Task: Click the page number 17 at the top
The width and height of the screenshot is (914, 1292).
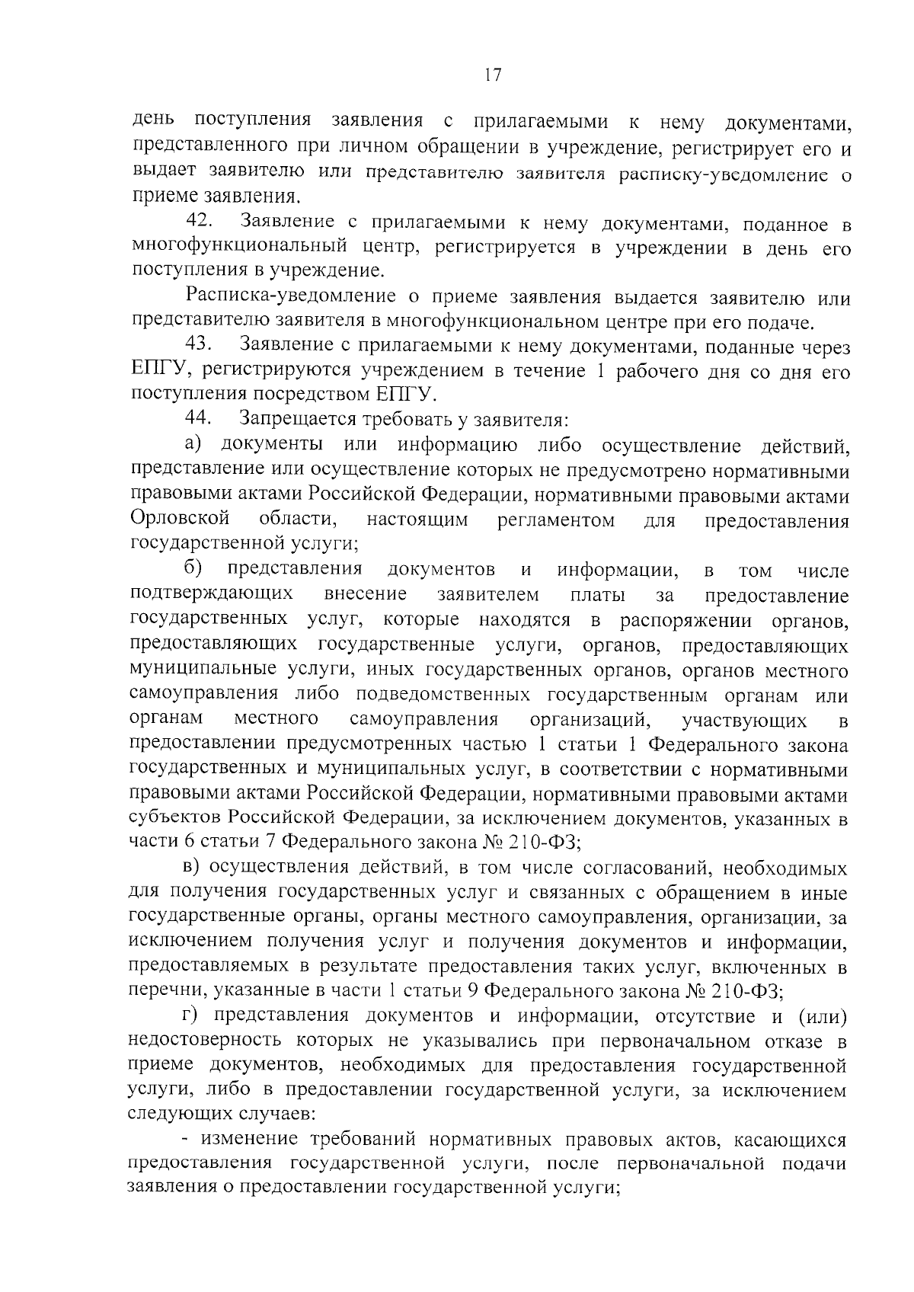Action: [x=492, y=75]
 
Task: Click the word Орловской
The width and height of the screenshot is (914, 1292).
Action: [x=180, y=520]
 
